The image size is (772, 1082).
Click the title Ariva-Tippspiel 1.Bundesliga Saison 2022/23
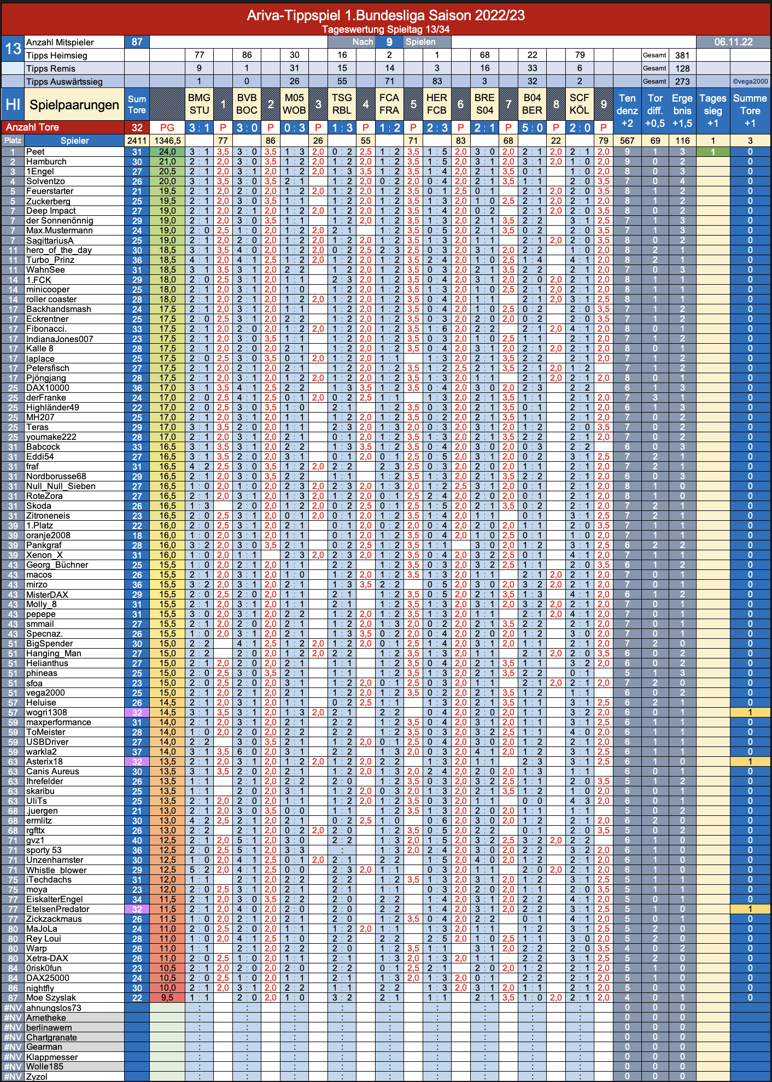coord(385,15)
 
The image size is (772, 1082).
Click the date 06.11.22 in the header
coord(733,42)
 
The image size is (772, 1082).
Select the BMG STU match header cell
coord(199,104)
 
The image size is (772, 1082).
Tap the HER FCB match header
coord(437,104)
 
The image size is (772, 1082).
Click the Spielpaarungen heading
coord(74,105)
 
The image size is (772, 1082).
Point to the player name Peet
coord(36,152)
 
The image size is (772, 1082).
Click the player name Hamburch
coord(46,162)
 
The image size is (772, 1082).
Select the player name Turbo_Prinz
coord(50,260)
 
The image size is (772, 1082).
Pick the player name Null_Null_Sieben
coord(61,486)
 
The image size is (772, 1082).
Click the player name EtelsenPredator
coord(57,909)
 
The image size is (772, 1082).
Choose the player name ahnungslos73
coord(54,1008)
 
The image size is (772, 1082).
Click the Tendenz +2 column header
coord(627,110)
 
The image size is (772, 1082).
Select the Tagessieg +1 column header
coord(713,110)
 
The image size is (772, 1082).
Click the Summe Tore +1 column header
coord(750,110)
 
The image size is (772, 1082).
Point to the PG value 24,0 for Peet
coord(167,152)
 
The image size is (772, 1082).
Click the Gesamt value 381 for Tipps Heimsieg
coord(682,55)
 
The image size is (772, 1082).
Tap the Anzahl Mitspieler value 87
coord(137,42)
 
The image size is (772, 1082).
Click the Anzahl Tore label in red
coord(32,127)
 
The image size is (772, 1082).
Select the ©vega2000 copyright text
coord(750,81)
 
